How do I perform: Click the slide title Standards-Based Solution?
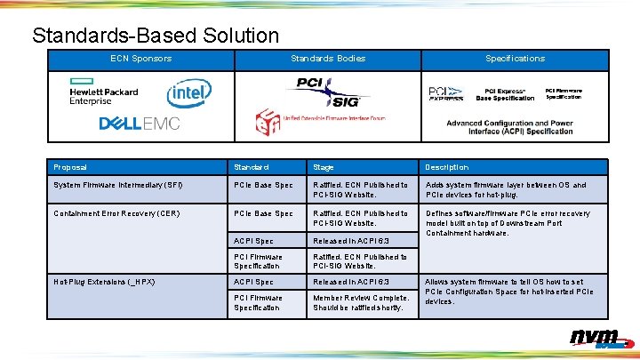[x=156, y=36]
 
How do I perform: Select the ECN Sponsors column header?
[x=140, y=59]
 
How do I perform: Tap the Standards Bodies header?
[x=327, y=59]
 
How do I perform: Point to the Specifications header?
[x=515, y=59]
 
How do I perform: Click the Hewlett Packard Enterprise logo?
[x=104, y=92]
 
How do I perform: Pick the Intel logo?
[x=189, y=92]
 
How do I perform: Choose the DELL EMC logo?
[x=139, y=123]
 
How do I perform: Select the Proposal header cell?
[x=70, y=167]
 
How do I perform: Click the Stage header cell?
[x=324, y=167]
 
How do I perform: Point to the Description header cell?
[x=446, y=167]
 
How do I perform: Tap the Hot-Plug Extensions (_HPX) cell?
[x=104, y=282]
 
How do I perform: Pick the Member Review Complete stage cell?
[x=361, y=303]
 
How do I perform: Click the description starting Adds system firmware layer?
[x=506, y=190]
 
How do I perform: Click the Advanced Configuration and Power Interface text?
[x=509, y=127]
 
